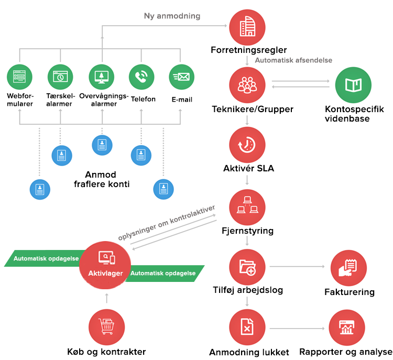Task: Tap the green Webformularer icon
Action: (x=20, y=77)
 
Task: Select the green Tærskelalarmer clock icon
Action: (x=61, y=77)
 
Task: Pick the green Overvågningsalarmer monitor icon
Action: (x=102, y=77)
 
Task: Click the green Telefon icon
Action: (x=141, y=77)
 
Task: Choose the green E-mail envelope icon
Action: (x=181, y=77)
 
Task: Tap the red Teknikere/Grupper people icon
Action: (x=247, y=86)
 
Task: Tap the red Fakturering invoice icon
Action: (x=348, y=268)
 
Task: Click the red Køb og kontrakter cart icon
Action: (x=107, y=326)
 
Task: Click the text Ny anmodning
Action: (x=172, y=16)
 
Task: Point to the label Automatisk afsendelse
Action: (x=293, y=60)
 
